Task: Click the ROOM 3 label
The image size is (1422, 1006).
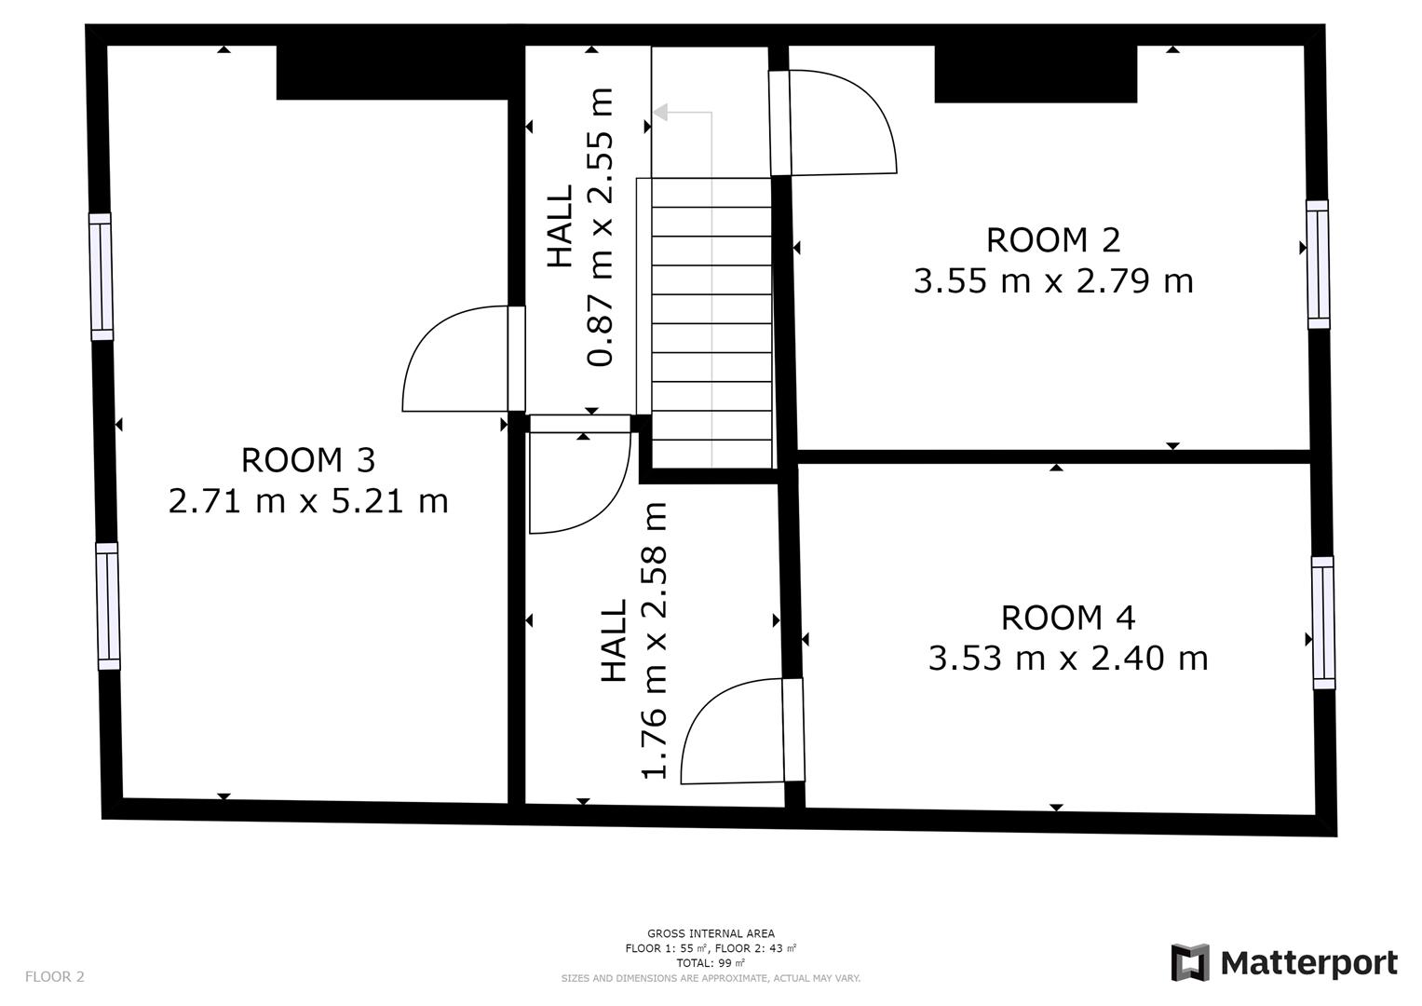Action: click(307, 460)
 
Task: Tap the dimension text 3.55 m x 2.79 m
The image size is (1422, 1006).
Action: click(1052, 281)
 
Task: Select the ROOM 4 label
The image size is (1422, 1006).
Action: click(1068, 618)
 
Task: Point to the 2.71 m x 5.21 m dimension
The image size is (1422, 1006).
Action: click(307, 501)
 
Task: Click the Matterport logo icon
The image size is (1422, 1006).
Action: click(1189, 962)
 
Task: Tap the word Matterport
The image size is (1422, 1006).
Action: click(1308, 962)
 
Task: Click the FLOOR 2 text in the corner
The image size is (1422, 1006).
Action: click(54, 976)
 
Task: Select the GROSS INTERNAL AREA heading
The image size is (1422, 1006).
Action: click(711, 933)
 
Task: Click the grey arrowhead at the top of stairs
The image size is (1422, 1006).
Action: click(661, 113)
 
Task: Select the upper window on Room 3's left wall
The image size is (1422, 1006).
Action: click(101, 277)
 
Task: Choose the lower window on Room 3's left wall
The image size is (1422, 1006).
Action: click(109, 606)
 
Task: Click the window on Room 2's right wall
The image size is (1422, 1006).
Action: click(1318, 264)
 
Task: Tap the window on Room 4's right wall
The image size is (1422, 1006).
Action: click(1322, 622)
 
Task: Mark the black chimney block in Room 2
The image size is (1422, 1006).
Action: click(1036, 74)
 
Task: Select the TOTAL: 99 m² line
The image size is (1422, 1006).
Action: click(711, 963)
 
